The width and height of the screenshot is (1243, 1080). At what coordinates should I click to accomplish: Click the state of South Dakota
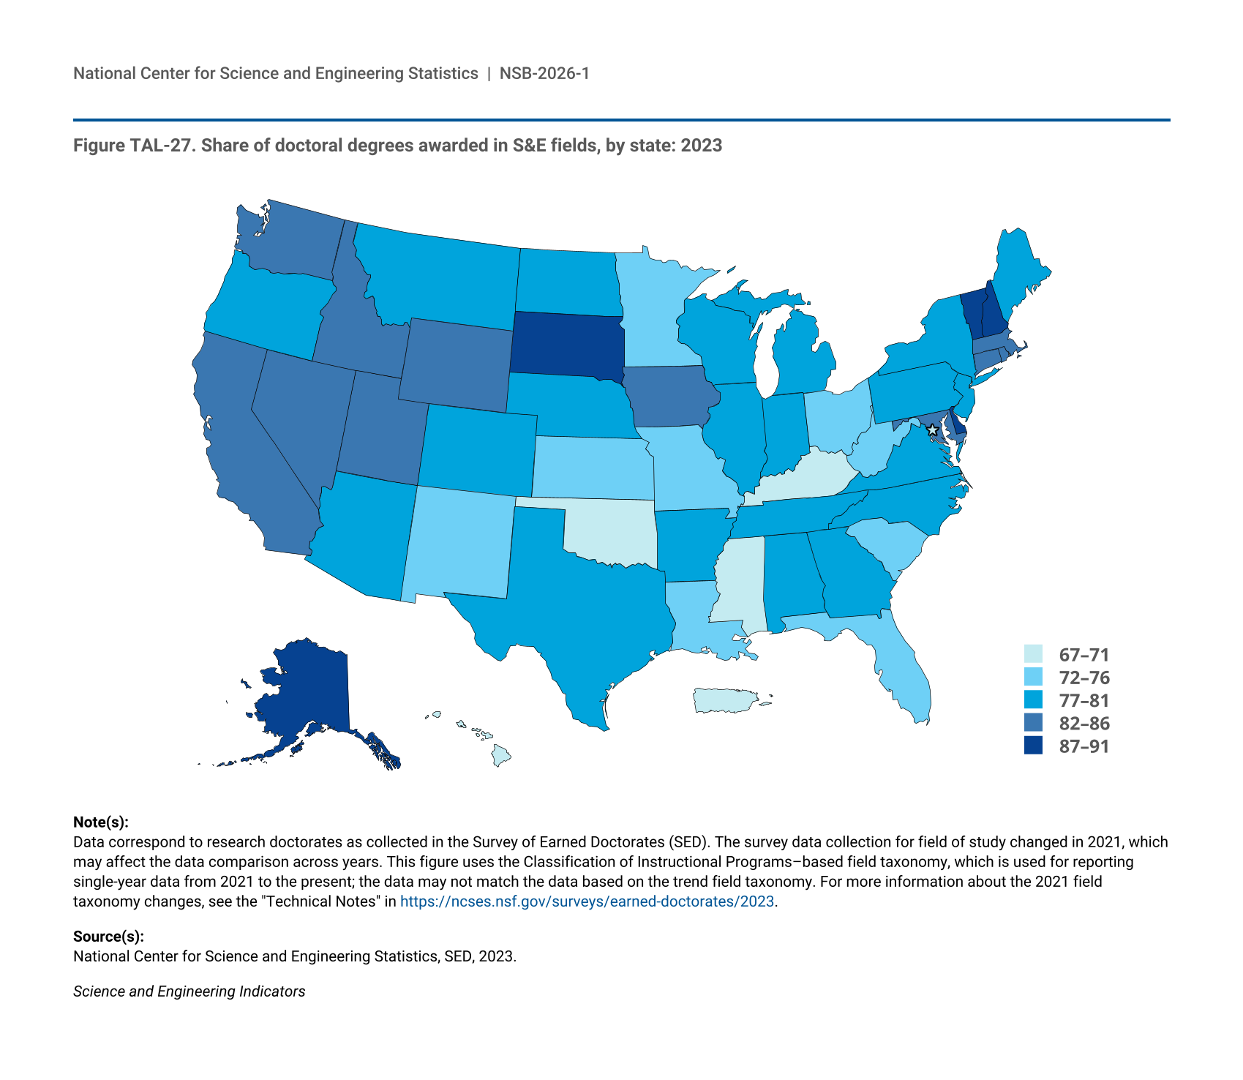point(567,344)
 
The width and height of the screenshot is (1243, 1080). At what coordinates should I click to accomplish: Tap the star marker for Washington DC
point(932,430)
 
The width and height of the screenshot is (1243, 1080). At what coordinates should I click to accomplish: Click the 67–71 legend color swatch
point(1033,654)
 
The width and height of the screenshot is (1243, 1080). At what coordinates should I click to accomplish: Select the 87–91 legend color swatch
point(1033,746)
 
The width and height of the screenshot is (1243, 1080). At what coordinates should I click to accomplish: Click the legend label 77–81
point(1084,700)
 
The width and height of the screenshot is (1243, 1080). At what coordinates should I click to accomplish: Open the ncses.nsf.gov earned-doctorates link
point(587,901)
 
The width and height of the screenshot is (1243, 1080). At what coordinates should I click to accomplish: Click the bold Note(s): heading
point(101,822)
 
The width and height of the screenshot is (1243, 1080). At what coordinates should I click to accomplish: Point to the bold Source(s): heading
point(108,936)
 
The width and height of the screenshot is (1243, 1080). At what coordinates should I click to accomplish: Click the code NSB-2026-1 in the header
point(544,73)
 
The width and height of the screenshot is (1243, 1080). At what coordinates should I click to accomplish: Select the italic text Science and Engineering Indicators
point(189,991)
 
